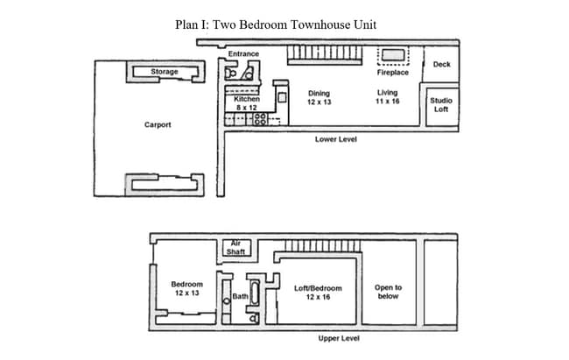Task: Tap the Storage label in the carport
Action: click(x=164, y=72)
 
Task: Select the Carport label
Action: click(x=158, y=125)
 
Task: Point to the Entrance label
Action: click(x=243, y=54)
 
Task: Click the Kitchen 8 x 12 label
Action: click(x=246, y=103)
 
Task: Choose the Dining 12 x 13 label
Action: click(x=319, y=97)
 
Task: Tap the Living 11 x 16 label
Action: click(x=387, y=97)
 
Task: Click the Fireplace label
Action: click(x=393, y=73)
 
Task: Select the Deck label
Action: click(x=441, y=65)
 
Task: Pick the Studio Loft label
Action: click(x=440, y=104)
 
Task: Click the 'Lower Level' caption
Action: click(x=335, y=139)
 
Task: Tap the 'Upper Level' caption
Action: click(x=338, y=339)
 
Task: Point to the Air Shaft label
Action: click(x=235, y=248)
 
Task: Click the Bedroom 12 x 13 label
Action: click(x=186, y=289)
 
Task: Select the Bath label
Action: click(x=240, y=297)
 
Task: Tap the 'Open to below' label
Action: click(x=388, y=292)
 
